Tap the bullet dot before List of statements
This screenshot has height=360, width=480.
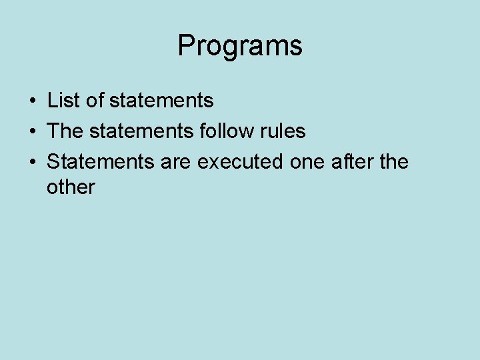32,101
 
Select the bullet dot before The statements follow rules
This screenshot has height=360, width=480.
32,131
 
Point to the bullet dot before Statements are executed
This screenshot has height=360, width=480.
32,162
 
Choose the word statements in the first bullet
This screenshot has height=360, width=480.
161,101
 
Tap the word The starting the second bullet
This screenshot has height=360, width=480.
65,131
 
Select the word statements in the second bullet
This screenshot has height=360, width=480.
141,131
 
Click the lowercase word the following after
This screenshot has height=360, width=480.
393,161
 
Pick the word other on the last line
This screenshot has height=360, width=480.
71,187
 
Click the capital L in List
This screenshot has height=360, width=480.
52,101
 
